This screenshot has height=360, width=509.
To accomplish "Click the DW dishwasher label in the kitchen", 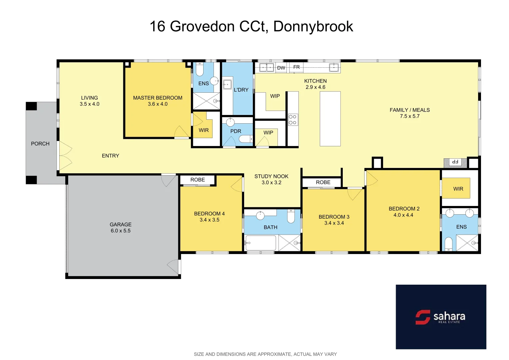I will click(281, 68).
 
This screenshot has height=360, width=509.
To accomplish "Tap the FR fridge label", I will click(296, 67).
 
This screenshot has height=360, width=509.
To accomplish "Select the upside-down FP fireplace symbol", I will click(455, 162).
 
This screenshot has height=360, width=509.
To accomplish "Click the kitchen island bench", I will click(330, 119).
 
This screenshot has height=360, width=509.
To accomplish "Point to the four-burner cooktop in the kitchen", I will click(293, 120).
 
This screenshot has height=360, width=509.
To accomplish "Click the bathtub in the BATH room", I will click(261, 243).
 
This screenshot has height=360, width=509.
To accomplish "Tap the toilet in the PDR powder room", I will click(246, 139).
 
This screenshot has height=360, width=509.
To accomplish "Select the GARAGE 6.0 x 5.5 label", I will click(121, 227).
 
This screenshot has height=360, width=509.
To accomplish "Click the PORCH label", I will click(40, 144).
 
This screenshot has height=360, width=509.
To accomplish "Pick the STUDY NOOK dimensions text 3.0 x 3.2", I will click(271, 182).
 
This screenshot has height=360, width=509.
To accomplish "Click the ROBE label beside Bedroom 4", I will click(198, 180).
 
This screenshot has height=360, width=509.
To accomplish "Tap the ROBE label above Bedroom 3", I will click(323, 182).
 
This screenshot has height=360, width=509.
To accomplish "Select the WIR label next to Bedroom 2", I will click(458, 189).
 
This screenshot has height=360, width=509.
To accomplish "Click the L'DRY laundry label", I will click(241, 90).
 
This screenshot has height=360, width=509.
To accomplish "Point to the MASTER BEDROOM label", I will click(158, 98).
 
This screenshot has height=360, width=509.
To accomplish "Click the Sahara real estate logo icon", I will click(423, 317).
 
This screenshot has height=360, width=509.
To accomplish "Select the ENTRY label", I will click(110, 156).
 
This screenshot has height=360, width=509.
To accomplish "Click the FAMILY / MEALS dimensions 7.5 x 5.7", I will click(410, 116).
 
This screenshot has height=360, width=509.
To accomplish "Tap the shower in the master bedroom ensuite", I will click(206, 101).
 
